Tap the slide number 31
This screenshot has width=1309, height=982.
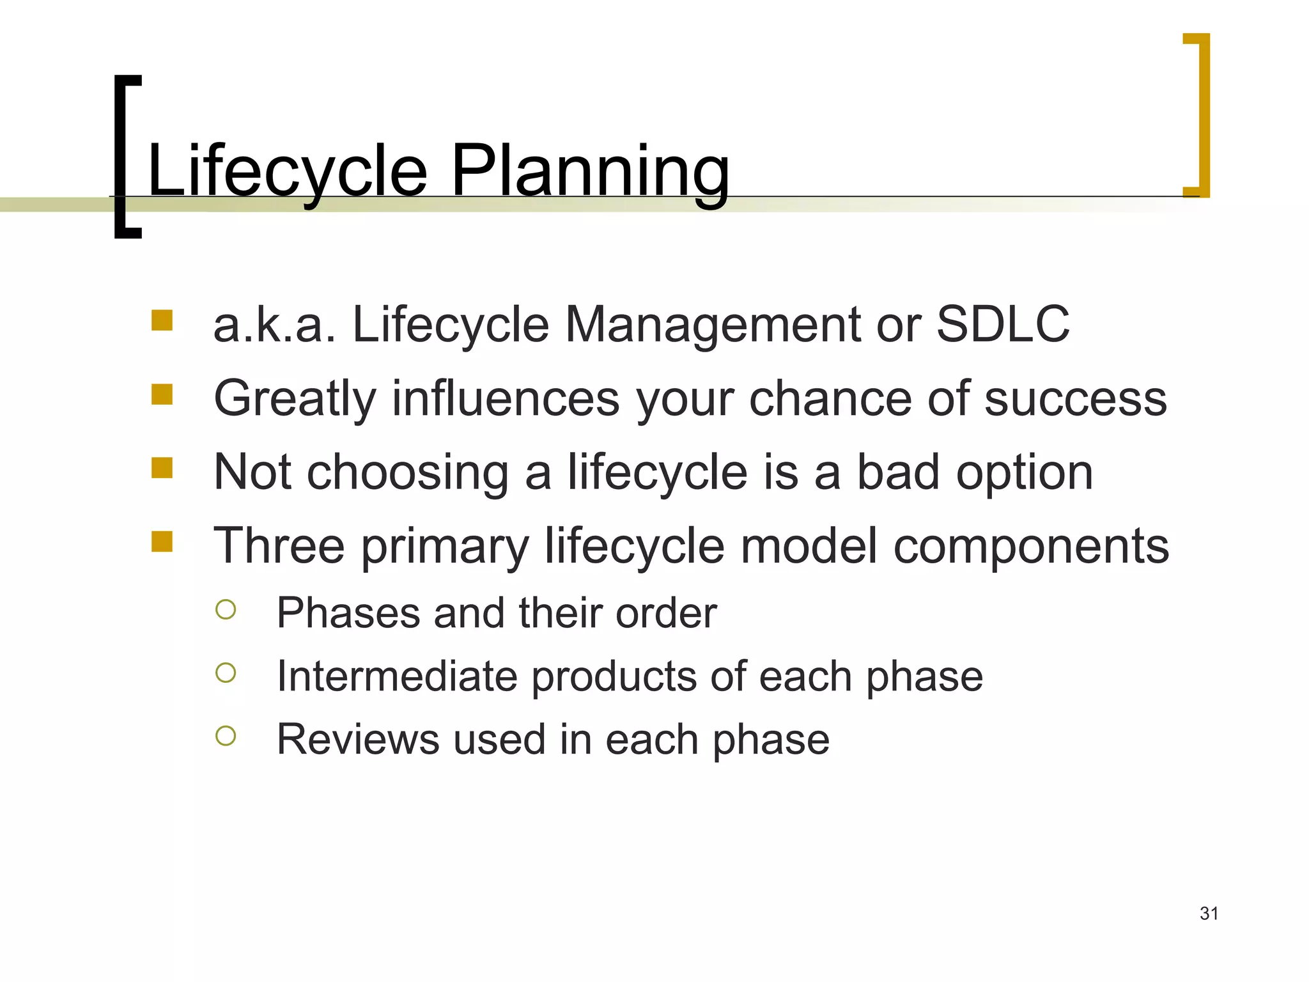click(1209, 914)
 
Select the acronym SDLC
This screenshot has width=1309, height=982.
click(1002, 324)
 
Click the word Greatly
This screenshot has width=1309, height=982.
click(295, 398)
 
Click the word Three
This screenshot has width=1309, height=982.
click(279, 545)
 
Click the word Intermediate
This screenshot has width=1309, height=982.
click(396, 676)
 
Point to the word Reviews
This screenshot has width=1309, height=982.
click(357, 739)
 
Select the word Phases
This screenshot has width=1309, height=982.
click(348, 613)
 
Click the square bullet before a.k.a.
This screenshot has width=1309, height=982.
click(162, 320)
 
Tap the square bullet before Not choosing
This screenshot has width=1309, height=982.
click(162, 468)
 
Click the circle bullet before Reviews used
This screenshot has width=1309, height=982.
click(226, 736)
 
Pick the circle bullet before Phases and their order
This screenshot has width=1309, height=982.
click(226, 609)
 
